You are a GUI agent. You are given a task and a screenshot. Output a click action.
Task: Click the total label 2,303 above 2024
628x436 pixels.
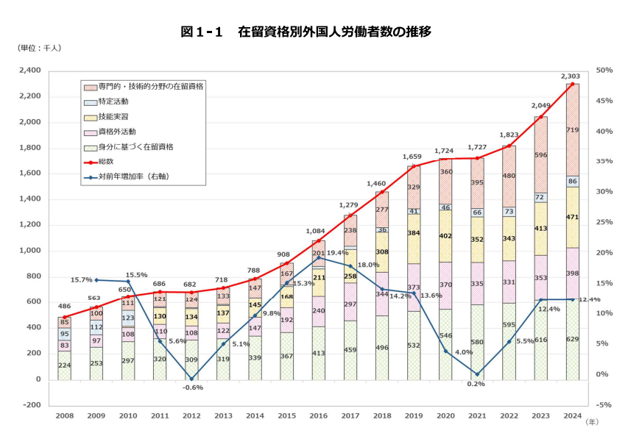pos(571,76)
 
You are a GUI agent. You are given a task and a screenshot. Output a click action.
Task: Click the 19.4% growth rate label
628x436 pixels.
pos(337,252)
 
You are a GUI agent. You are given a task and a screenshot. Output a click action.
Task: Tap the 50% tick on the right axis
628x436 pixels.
pos(604,71)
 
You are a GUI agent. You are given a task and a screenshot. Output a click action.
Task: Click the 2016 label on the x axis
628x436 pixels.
pos(317,416)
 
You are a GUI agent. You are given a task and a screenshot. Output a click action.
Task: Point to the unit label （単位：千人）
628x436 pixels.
pos(40,48)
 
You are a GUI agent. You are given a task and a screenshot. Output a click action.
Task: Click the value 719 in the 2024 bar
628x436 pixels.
pos(571,129)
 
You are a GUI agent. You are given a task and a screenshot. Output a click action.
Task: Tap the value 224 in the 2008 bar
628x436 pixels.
pos(65,365)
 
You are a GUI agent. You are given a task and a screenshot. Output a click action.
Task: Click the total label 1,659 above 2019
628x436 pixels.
pos(413,157)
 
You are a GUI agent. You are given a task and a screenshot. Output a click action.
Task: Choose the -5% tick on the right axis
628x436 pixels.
pos(604,405)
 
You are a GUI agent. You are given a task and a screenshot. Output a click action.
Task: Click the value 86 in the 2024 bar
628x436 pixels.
pos(571,181)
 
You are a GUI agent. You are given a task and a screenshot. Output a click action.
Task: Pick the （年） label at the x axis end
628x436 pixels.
pos(593,422)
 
